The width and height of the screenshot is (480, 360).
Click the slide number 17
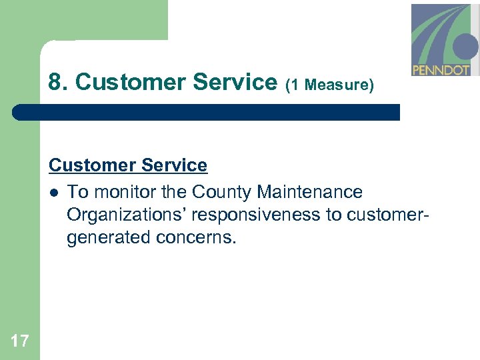point(20,342)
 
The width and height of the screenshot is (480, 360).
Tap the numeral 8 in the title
point(55,83)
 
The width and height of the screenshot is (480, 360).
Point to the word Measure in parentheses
point(339,85)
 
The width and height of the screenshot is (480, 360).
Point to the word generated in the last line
point(109,238)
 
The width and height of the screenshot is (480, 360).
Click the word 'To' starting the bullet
point(77,193)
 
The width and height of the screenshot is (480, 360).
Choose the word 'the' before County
point(174,193)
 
